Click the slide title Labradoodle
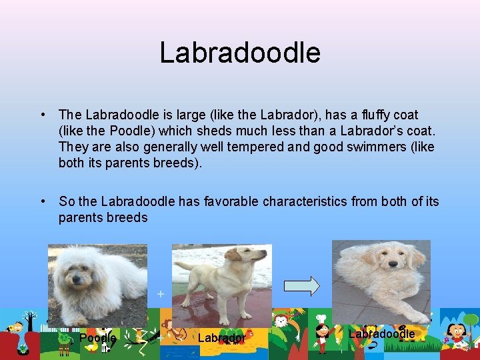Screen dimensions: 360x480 [240, 53]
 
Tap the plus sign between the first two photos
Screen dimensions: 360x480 [160, 293]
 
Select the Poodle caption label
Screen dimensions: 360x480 [97, 338]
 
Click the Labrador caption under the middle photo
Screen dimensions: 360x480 [221, 338]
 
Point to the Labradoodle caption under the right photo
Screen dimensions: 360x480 [381, 333]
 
